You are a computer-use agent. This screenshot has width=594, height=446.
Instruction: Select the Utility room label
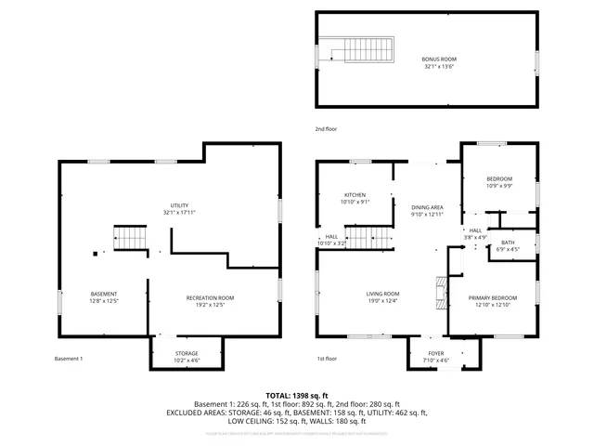tap(179, 208)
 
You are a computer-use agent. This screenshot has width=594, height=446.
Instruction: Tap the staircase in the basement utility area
tap(131, 238)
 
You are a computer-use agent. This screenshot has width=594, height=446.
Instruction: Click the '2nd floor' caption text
tap(327, 128)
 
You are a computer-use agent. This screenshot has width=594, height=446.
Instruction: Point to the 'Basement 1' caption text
tap(69, 359)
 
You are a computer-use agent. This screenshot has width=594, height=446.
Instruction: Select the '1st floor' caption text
tap(327, 359)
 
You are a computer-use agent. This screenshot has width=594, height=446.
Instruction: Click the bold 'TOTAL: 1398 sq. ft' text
tap(296, 396)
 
